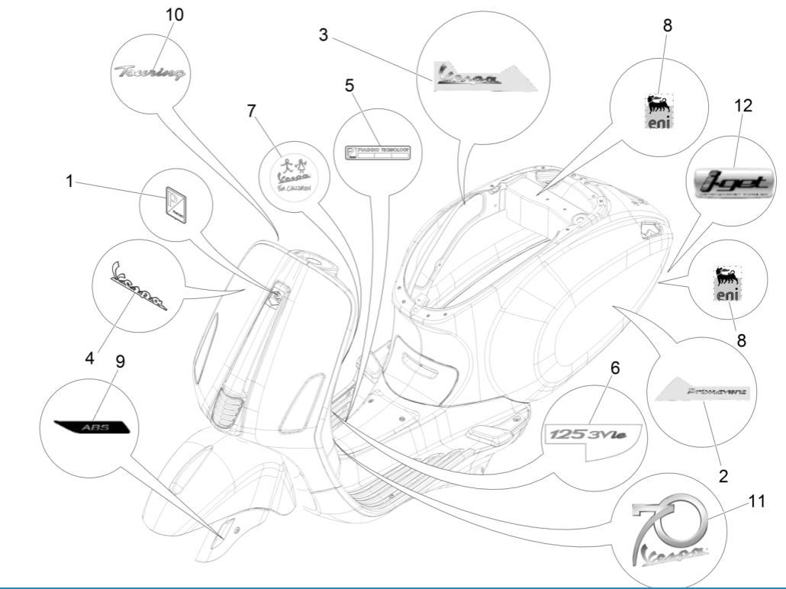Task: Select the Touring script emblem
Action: click(x=150, y=73)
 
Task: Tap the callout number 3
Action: click(x=324, y=36)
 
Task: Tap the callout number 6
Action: click(x=615, y=367)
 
